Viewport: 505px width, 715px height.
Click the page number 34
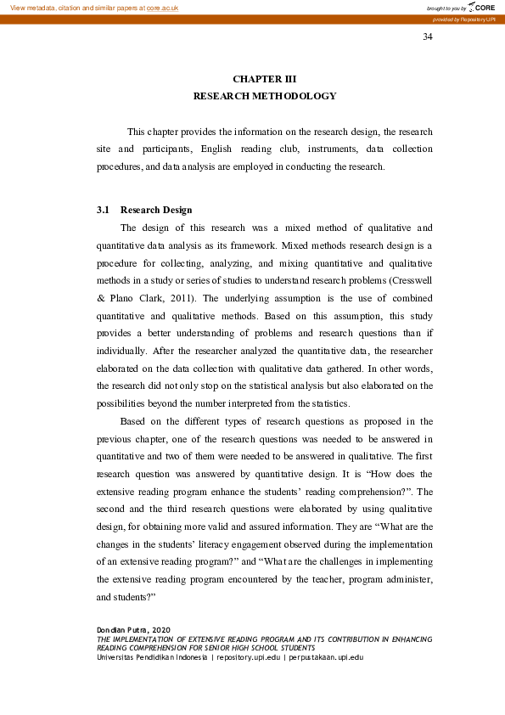(x=428, y=37)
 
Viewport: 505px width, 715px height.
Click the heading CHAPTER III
(x=264, y=79)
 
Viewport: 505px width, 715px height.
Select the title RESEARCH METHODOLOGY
(x=265, y=96)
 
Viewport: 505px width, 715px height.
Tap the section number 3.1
(x=104, y=210)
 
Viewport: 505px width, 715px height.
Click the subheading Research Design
(x=156, y=210)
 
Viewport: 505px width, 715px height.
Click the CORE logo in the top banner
(x=482, y=7)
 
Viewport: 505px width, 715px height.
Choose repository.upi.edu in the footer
(x=249, y=657)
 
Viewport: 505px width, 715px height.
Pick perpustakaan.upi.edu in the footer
(x=327, y=657)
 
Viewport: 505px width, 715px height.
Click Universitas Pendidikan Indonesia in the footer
(x=152, y=657)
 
